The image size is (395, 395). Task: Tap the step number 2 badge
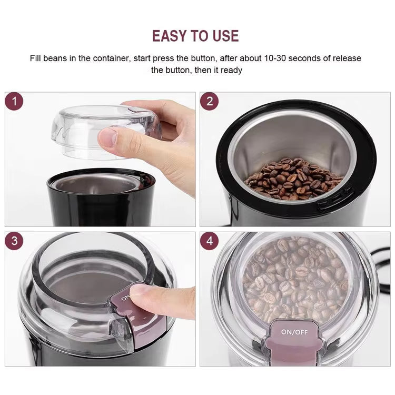click(210, 102)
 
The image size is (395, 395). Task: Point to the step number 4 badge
click(210, 242)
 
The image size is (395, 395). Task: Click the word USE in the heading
click(224, 36)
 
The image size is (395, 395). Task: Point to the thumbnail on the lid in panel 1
click(108, 138)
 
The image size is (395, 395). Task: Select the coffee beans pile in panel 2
click(287, 176)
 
